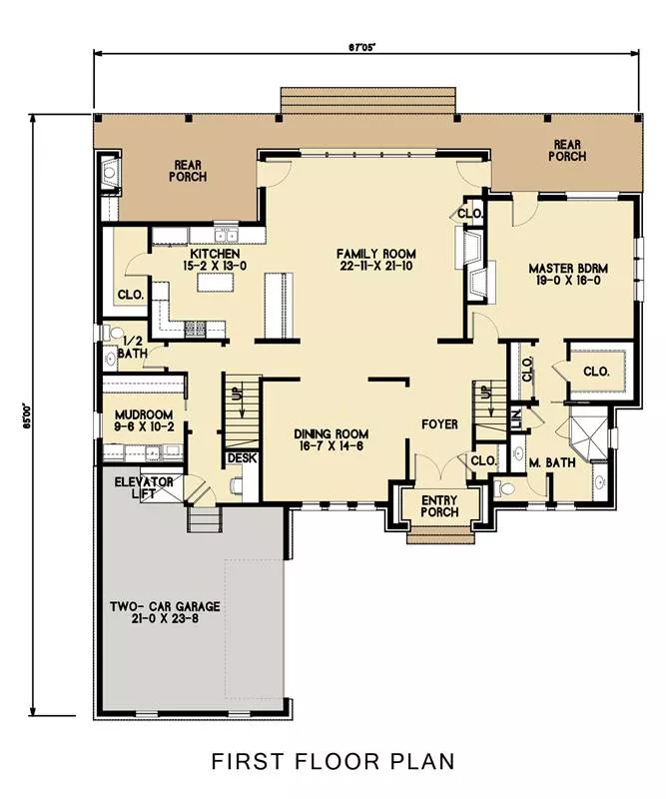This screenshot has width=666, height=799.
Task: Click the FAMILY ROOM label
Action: point(376,254)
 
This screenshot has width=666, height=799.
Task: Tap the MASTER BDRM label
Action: point(568,269)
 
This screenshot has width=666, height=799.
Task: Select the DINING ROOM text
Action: point(332,434)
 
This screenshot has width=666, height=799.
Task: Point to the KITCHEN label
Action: point(215,254)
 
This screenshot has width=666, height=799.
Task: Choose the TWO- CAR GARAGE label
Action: point(165,606)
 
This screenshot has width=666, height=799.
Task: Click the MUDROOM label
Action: point(144,414)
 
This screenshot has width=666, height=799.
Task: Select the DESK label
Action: point(243,458)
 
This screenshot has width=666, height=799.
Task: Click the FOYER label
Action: point(439,423)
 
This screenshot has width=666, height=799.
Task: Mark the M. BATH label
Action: point(552,462)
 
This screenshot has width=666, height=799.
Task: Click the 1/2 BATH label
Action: point(133,347)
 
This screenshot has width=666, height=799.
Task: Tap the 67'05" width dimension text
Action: point(362,47)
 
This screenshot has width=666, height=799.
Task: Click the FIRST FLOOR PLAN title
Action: point(333,761)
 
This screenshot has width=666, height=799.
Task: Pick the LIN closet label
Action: point(515,418)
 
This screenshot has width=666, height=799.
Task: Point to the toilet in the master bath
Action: point(504,488)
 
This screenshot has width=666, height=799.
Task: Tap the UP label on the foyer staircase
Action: point(487,392)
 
